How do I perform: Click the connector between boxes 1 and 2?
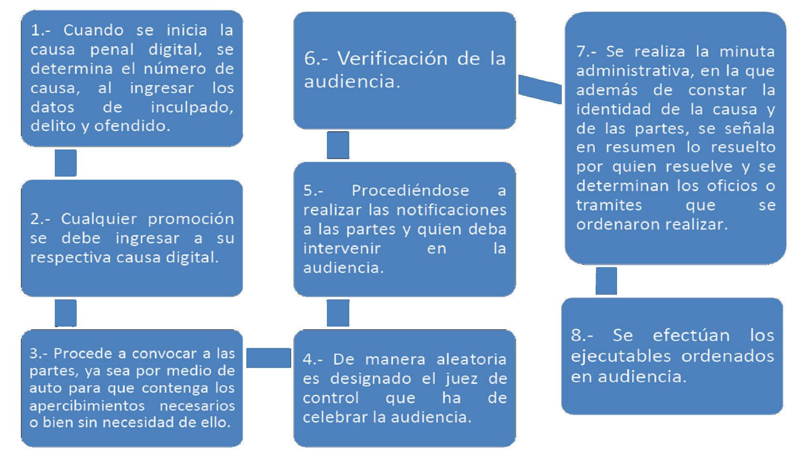pyautogui.click(x=66, y=163)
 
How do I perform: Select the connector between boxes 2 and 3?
pyautogui.click(x=66, y=313)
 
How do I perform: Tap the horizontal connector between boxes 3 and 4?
pyautogui.click(x=268, y=358)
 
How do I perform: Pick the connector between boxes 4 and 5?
pyautogui.click(x=338, y=313)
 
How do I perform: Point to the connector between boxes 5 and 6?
pyautogui.click(x=338, y=145)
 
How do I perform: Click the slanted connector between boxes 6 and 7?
pyautogui.click(x=540, y=89)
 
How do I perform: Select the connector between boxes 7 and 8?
pyautogui.click(x=606, y=281)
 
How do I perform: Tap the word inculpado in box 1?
pyautogui.click(x=192, y=107)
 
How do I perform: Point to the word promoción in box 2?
pyautogui.click(x=191, y=219)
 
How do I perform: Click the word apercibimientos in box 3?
pyautogui.click(x=87, y=406)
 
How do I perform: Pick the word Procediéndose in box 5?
pyautogui.click(x=410, y=190)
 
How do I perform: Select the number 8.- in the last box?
pyautogui.click(x=582, y=335)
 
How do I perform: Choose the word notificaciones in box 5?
pyautogui.click(x=451, y=210)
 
